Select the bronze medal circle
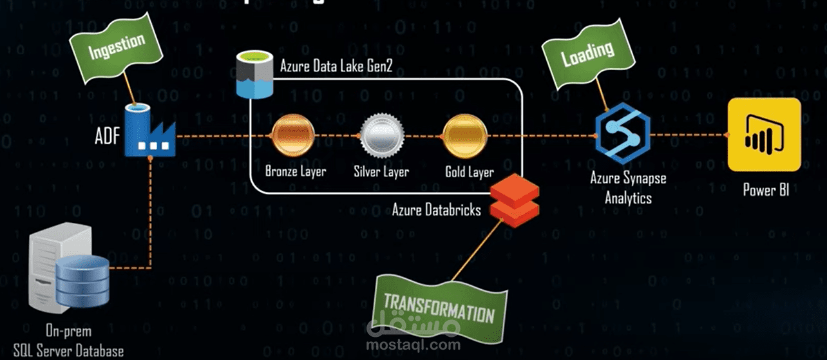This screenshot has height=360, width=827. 294,136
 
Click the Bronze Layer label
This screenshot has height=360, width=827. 296,172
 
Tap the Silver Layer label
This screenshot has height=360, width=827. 381,172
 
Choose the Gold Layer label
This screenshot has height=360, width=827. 470,172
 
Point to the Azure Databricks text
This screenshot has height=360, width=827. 437,210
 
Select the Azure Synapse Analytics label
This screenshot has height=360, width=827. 628,187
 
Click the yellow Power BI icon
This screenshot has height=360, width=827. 765,135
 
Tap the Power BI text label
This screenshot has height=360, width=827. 765,190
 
